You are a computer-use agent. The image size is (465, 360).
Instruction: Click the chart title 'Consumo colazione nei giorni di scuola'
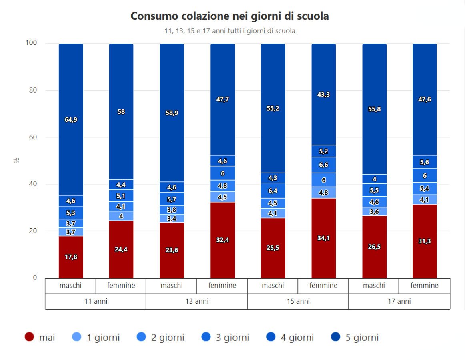(x=229, y=16)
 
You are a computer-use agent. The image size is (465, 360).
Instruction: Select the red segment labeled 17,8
(x=71, y=257)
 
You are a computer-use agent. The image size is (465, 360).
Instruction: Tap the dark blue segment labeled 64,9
(x=71, y=119)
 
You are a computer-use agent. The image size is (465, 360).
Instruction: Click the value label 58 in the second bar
(x=121, y=112)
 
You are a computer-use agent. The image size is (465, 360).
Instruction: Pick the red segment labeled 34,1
(x=323, y=238)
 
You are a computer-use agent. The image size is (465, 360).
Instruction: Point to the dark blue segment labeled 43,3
(x=323, y=95)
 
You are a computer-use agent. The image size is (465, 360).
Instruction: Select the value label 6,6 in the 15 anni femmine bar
(x=323, y=165)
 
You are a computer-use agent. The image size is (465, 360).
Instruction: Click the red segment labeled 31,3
(x=425, y=241)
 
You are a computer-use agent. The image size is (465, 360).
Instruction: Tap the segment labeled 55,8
(x=374, y=109)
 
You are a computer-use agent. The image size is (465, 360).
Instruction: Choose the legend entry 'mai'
(x=40, y=338)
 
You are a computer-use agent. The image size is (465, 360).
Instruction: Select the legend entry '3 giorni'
(x=225, y=338)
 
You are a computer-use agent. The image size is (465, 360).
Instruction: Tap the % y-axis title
(x=16, y=160)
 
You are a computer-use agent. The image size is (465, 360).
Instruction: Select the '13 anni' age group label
(x=196, y=302)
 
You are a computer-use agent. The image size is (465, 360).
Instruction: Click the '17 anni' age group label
(x=399, y=302)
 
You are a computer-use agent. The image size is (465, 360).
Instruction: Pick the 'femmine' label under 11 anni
(x=121, y=286)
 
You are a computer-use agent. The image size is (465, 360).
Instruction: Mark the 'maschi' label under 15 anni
(x=273, y=286)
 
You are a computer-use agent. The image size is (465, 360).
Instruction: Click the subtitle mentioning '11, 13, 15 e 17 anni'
(x=230, y=31)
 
